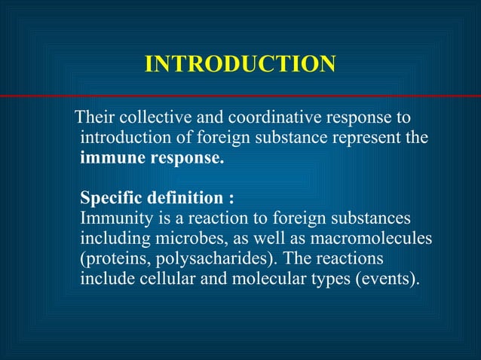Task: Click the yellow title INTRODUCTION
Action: click(240, 65)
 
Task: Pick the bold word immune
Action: click(110, 159)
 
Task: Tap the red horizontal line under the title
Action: click(240, 96)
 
